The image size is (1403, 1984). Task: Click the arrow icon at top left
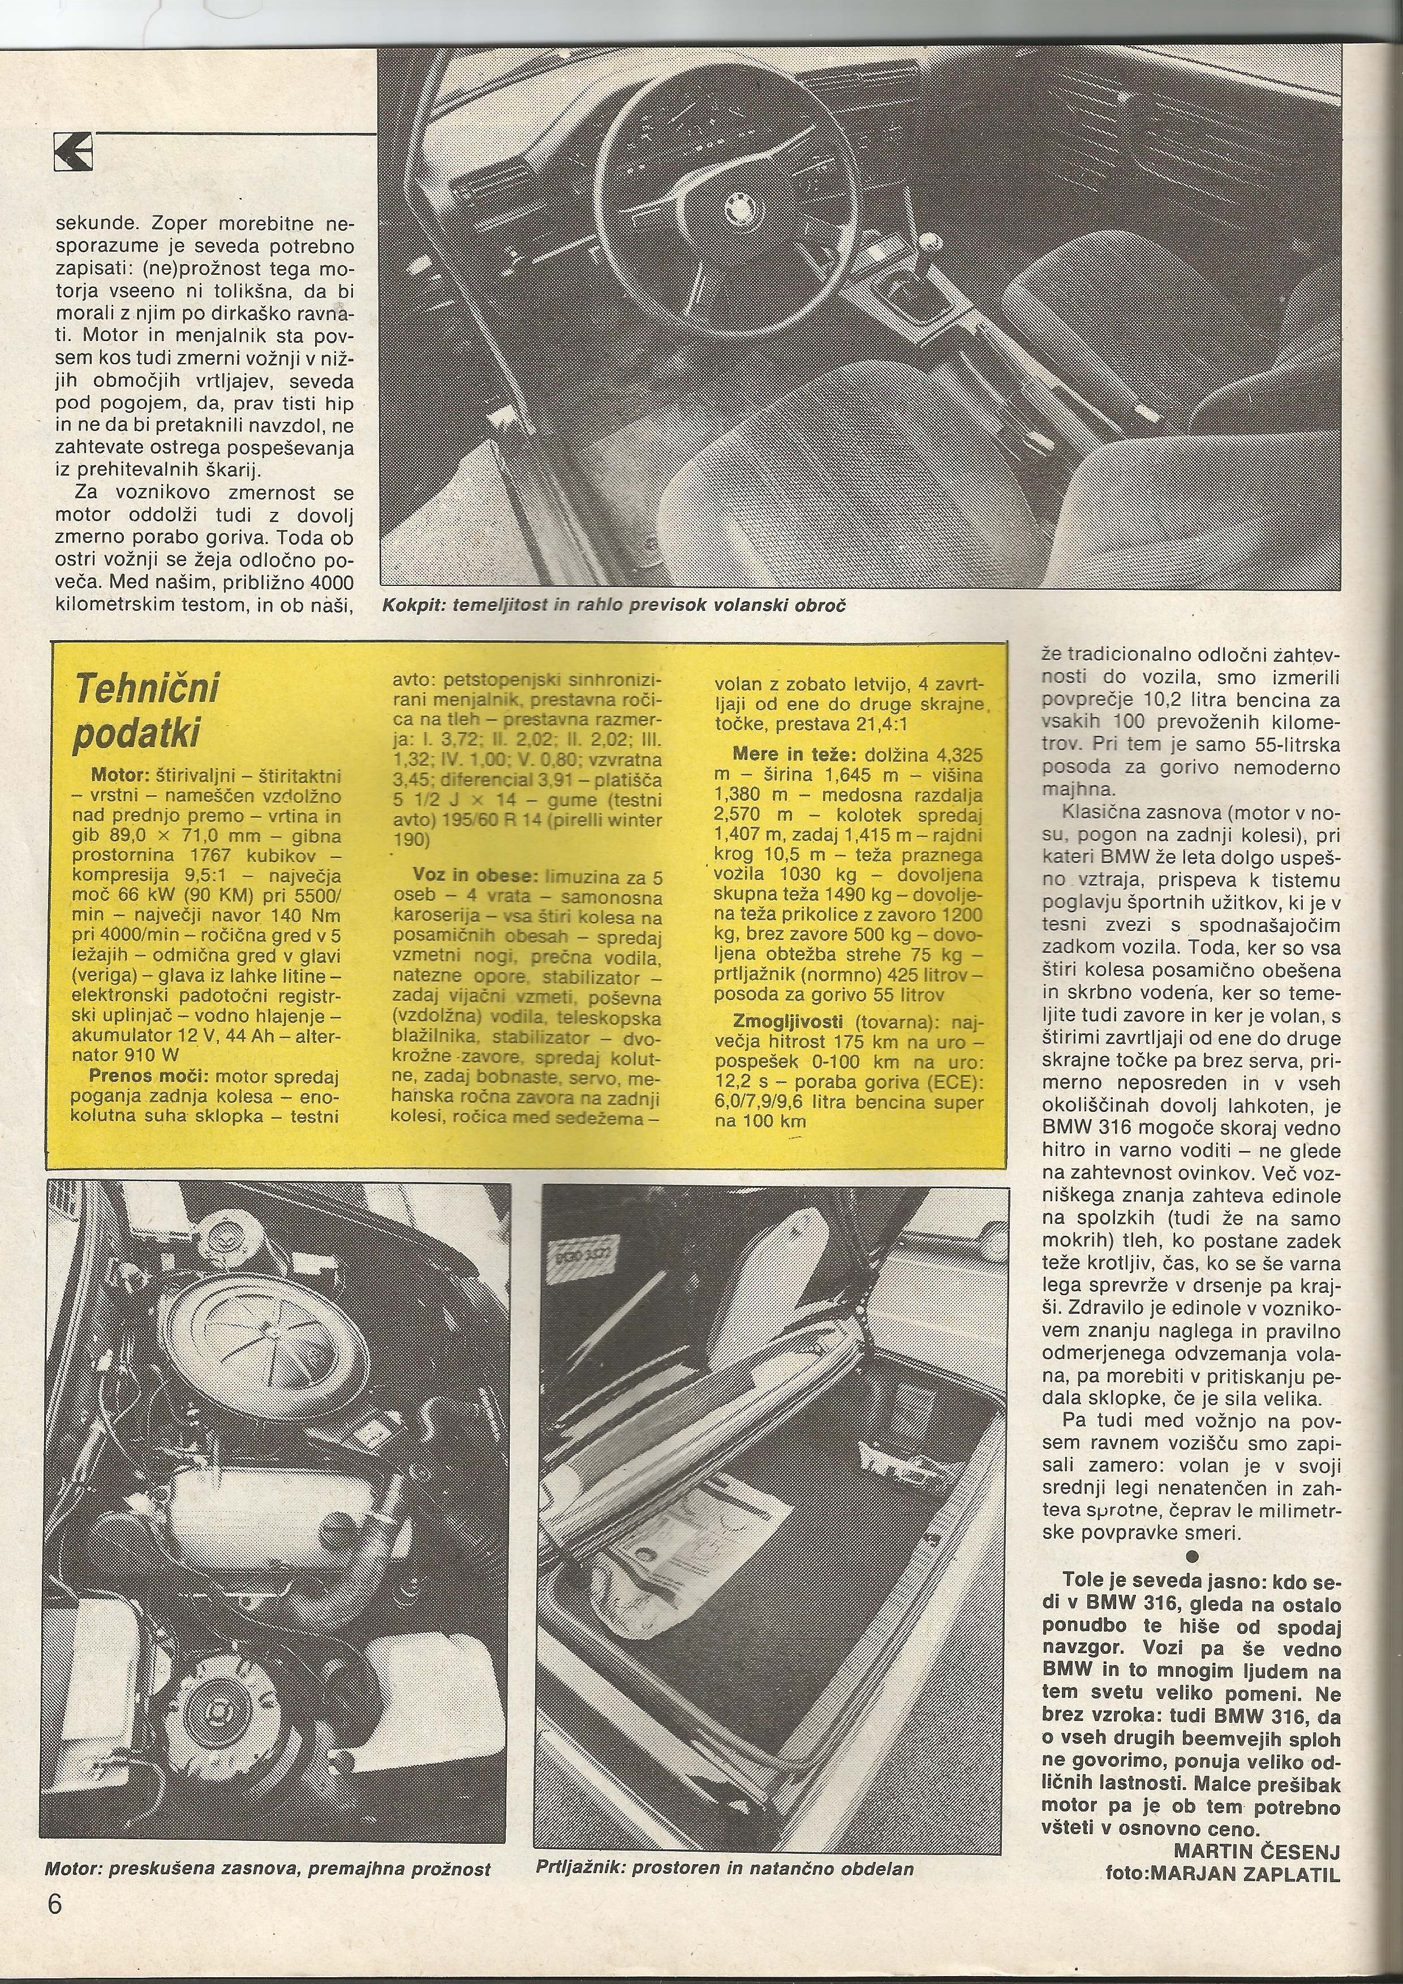pos(72,154)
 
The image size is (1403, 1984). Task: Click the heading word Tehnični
pos(147,689)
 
